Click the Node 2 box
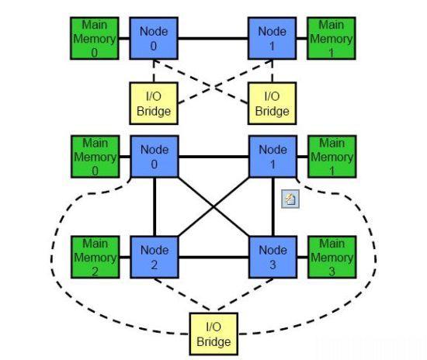click(154, 257)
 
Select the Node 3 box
click(273, 257)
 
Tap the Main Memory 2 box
click(95, 257)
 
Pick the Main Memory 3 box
click(332, 257)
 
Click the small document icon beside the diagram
click(290, 199)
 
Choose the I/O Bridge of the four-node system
click(213, 334)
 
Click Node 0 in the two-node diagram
click(154, 38)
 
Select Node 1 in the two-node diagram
click(272, 38)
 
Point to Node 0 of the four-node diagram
click(154, 157)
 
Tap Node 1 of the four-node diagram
click(273, 157)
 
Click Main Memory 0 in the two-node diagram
click(95, 38)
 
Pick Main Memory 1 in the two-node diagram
click(332, 38)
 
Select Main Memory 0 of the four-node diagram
click(95, 157)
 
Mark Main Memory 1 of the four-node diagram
click(332, 157)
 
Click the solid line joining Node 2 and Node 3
click(213, 257)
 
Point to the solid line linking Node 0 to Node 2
click(154, 207)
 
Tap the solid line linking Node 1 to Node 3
click(273, 207)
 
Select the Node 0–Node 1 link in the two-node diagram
click(213, 38)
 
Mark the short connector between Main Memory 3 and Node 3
click(303, 257)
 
